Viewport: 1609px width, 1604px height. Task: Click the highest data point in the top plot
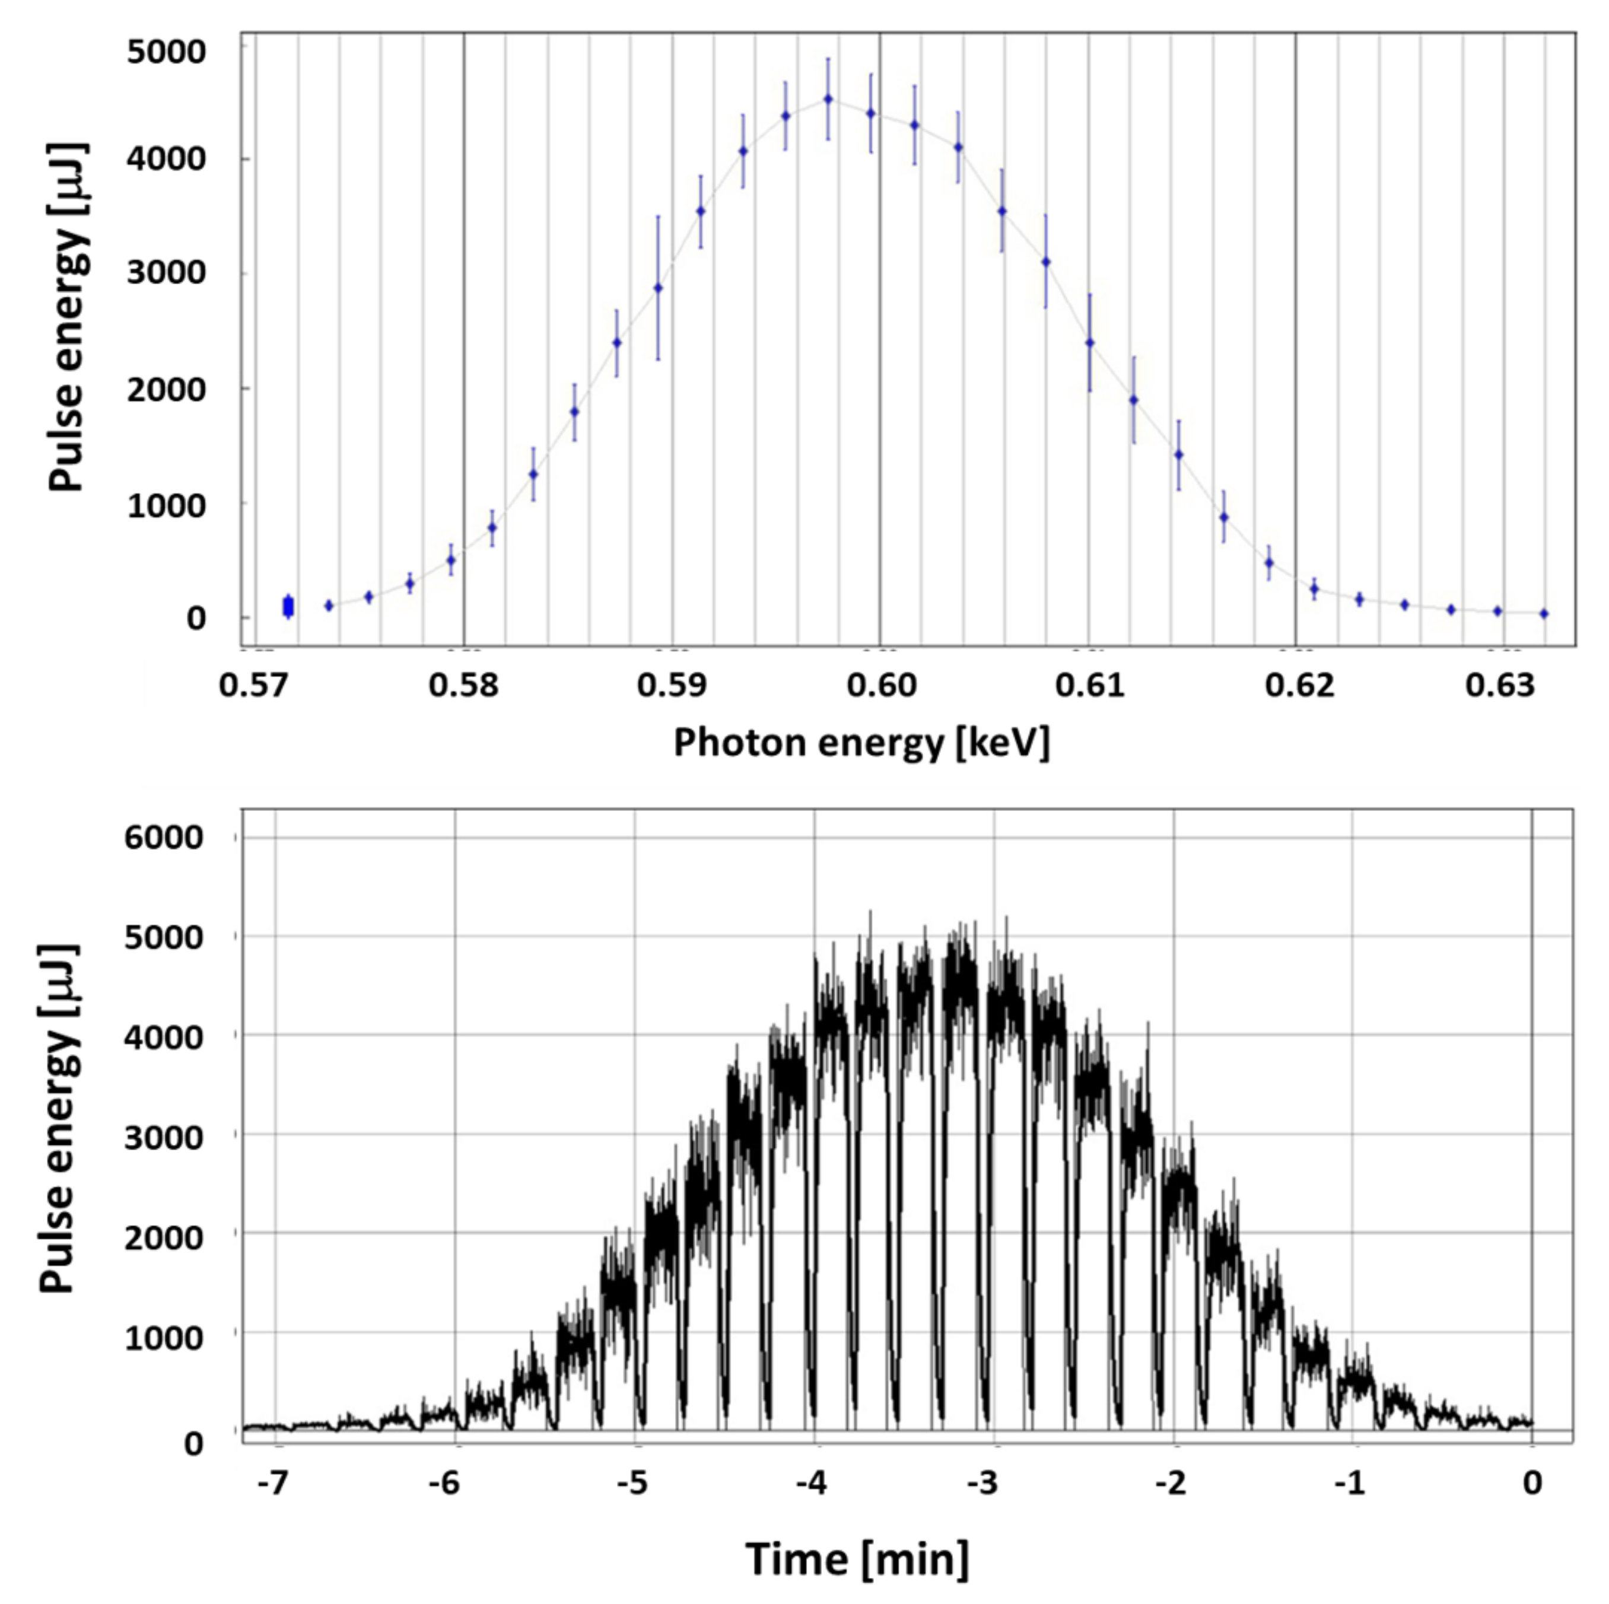click(828, 99)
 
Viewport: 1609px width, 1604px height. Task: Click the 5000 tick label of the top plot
click(166, 52)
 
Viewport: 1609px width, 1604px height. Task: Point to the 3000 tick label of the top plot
click(166, 274)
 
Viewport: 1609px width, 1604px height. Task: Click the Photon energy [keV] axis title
click(861, 743)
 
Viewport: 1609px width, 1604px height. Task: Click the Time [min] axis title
click(858, 1559)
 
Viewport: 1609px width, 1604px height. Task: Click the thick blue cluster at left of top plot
click(288, 606)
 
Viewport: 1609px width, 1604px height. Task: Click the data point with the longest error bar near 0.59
click(658, 288)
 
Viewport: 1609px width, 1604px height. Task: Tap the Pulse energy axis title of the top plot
click(66, 316)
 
